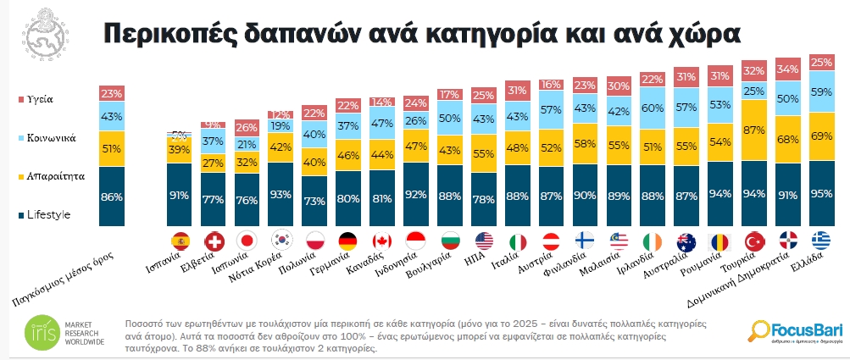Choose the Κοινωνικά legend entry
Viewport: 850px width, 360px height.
(46, 136)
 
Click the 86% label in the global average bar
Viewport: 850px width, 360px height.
(112, 197)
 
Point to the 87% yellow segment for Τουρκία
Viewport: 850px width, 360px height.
(753, 131)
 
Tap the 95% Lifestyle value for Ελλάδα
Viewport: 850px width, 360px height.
(821, 193)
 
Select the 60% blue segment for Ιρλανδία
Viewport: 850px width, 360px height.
(653, 108)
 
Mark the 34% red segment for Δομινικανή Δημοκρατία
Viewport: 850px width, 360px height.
(787, 69)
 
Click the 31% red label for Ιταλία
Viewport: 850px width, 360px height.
(517, 91)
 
